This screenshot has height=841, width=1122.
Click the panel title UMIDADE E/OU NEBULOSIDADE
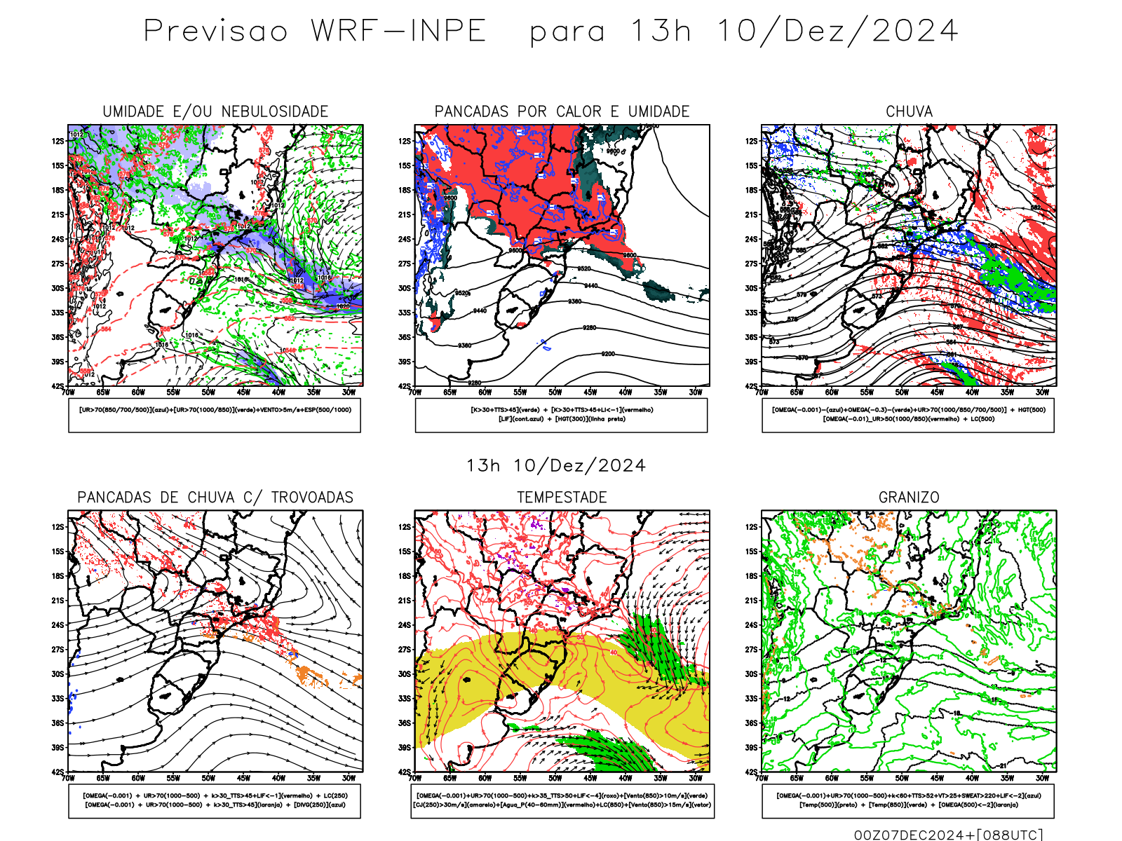(215, 111)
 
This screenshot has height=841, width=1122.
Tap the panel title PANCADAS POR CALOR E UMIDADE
(562, 111)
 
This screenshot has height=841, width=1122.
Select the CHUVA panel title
(909, 111)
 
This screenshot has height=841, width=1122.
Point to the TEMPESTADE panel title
(562, 498)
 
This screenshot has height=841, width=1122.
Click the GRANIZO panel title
(909, 498)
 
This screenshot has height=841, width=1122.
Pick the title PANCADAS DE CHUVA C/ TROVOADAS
(215, 498)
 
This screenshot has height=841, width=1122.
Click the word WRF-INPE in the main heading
(398, 32)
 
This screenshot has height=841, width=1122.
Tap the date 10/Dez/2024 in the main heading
(837, 32)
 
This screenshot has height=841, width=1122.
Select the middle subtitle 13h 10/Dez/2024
(555, 466)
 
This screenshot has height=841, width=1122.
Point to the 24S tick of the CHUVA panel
(752, 239)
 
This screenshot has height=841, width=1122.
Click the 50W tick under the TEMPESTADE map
(555, 778)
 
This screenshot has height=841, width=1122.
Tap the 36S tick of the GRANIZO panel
(752, 723)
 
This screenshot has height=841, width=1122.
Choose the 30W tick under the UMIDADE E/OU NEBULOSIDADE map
(349, 392)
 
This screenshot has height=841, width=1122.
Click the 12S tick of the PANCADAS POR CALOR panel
(405, 141)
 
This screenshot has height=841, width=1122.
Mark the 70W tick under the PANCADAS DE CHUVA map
(68, 778)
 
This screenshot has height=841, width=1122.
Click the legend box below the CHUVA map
(908, 415)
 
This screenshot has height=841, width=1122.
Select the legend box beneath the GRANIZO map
(908, 800)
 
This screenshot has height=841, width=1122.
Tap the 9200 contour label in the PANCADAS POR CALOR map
(608, 354)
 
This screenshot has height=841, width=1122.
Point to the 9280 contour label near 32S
(589, 327)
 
